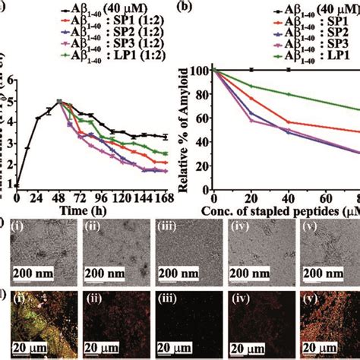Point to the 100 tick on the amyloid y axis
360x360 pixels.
click(201, 71)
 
